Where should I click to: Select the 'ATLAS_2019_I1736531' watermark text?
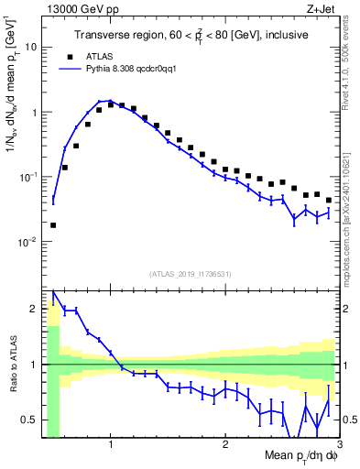pyautogui.click(x=191, y=274)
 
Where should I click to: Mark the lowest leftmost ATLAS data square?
pyautogui.click(x=53, y=224)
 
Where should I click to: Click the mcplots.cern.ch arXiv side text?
pyautogui.click(x=350, y=211)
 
